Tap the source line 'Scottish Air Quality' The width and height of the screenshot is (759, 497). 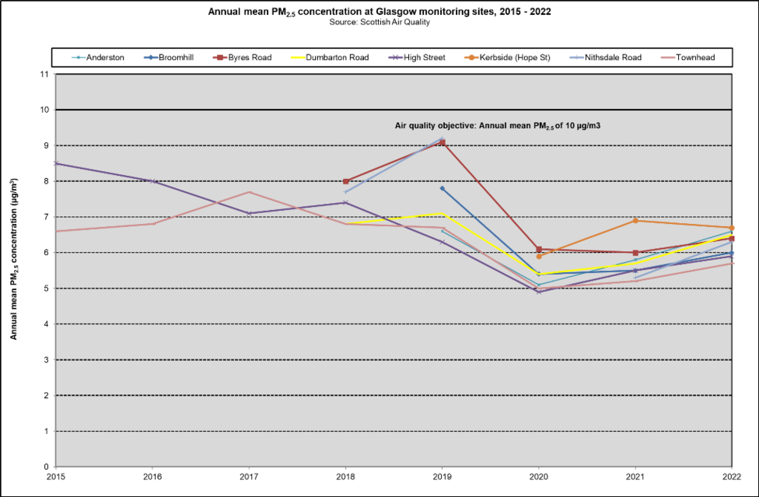coord(380,22)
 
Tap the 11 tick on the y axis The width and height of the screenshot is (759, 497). coord(44,75)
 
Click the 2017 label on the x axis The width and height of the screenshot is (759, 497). coord(249,475)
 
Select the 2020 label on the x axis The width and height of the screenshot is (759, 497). coord(539,475)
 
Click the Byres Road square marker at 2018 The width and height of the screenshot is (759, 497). coord(346,181)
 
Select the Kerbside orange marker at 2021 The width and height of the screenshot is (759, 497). coord(635,221)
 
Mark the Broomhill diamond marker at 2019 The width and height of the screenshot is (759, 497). coord(442,188)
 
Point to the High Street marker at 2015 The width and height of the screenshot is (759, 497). coord(56,163)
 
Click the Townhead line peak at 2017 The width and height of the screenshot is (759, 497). coord(250,192)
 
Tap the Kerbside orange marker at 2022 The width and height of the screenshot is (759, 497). coord(732,228)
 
